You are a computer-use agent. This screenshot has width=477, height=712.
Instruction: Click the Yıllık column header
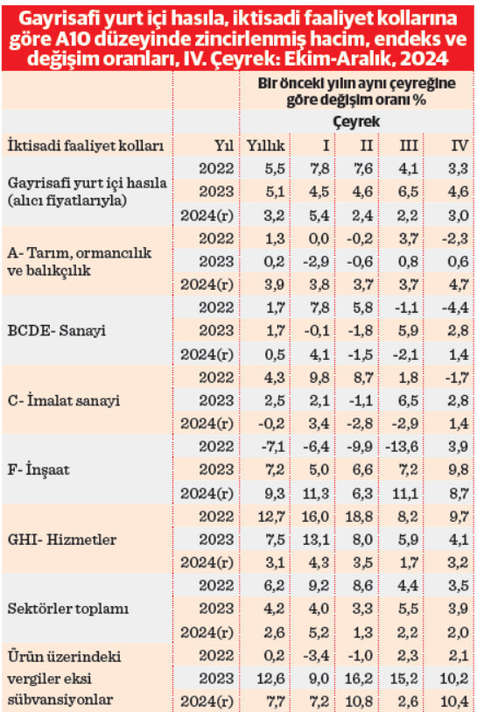point(264,145)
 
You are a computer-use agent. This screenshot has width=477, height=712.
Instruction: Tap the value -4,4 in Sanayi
point(455,307)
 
